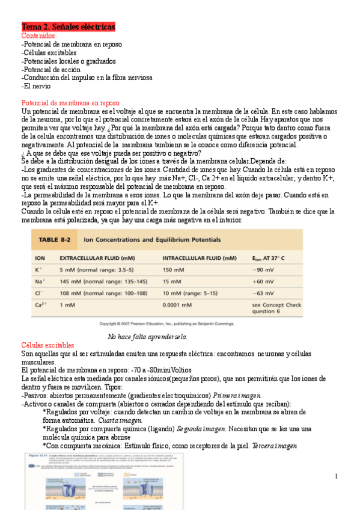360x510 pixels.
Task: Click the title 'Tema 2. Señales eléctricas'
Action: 68,28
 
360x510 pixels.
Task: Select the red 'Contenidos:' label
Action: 39,36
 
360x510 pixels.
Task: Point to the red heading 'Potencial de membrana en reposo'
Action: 71,103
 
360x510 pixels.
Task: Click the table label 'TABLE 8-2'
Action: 57,239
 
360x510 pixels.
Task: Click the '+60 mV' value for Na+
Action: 263,281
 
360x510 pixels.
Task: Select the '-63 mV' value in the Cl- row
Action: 263,293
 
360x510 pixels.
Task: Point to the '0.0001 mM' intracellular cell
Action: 180,305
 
